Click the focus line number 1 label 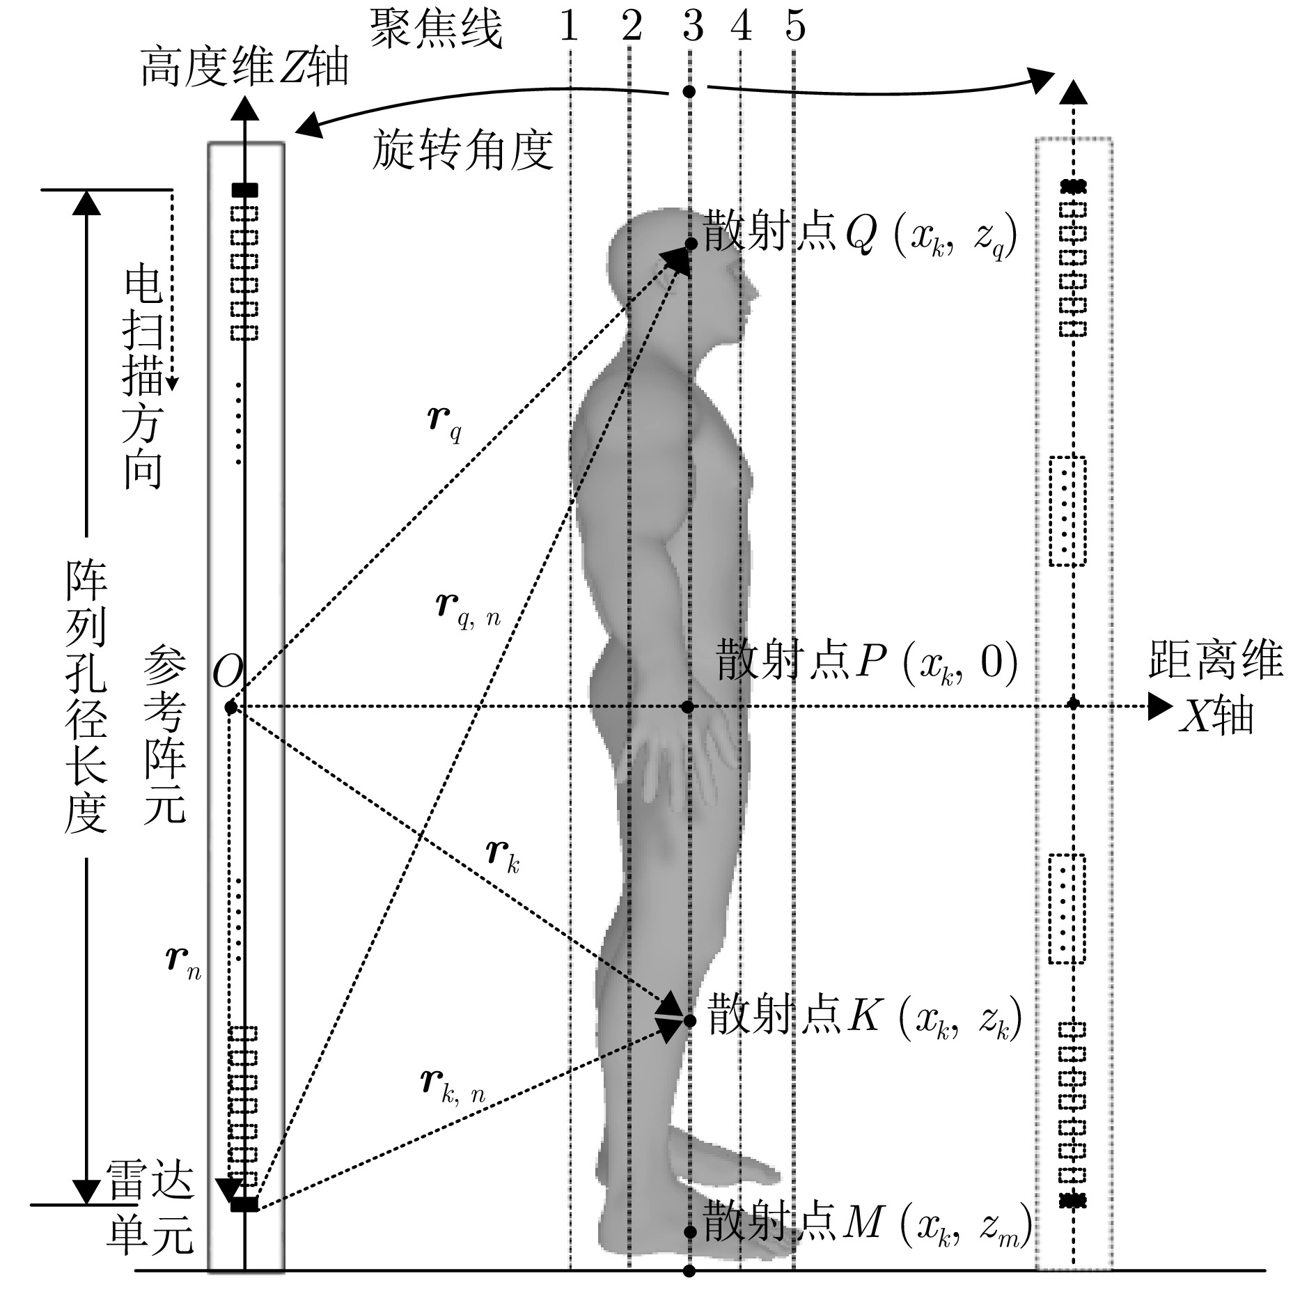click(569, 26)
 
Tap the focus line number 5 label click(794, 26)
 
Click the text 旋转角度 click(463, 150)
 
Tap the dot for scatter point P click(689, 707)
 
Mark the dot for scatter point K click(690, 1021)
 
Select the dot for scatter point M click(689, 1232)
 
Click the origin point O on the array click(231, 708)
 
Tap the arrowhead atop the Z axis click(243, 107)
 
